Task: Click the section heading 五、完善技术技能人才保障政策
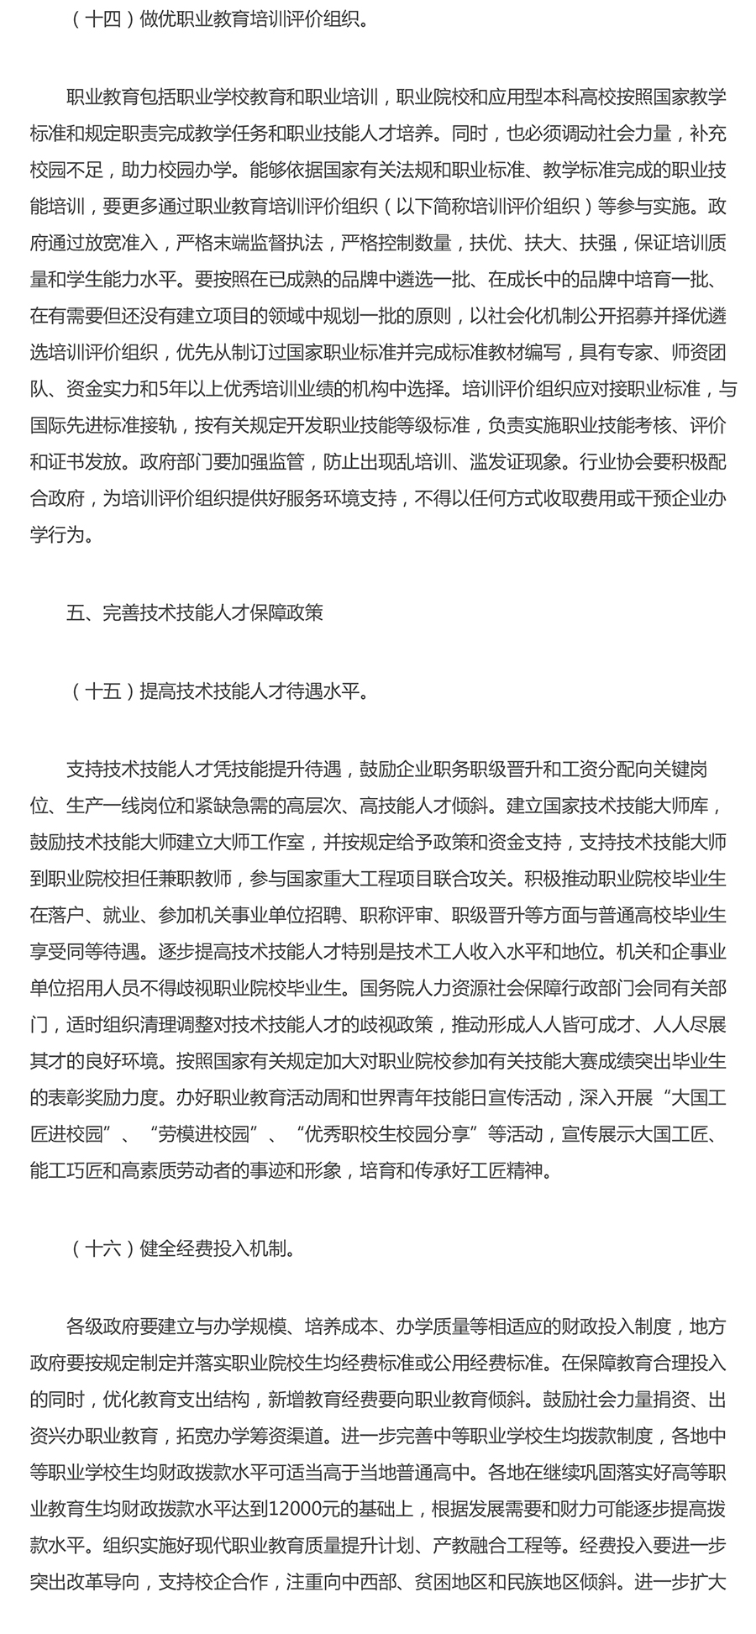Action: click(194, 613)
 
